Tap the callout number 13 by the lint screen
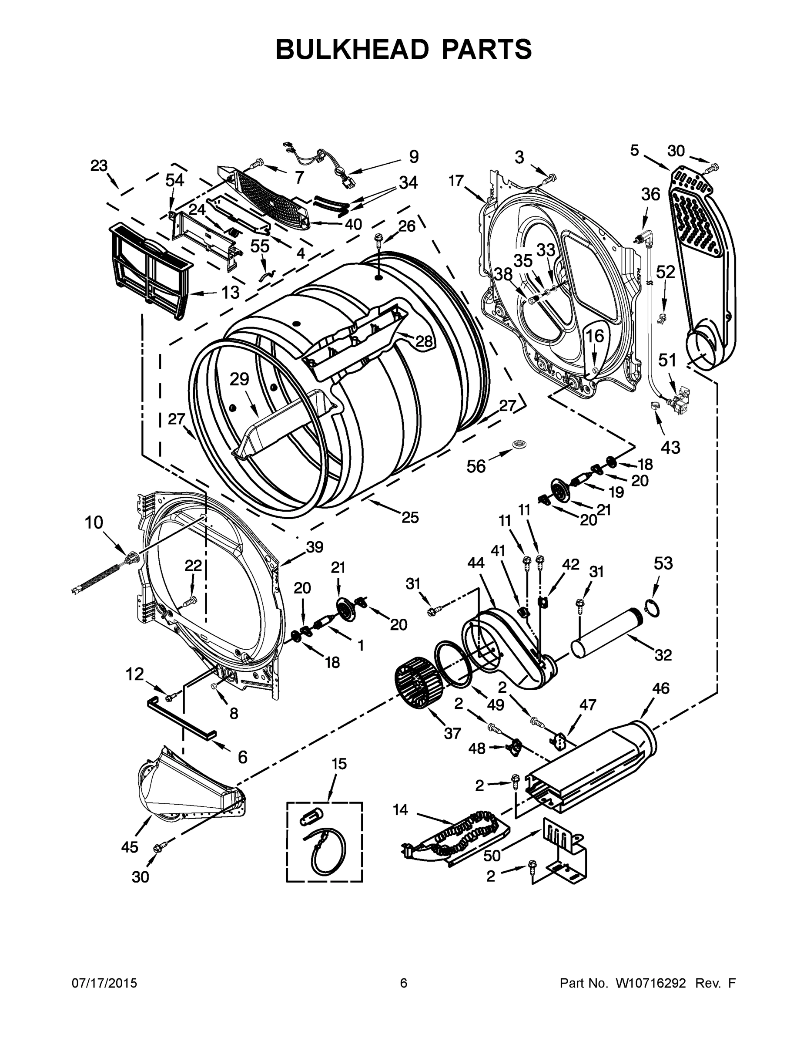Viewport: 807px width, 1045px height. click(231, 292)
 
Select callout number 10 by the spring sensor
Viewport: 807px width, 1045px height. click(94, 522)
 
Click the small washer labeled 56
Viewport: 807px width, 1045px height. click(518, 445)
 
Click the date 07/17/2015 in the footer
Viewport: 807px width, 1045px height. click(104, 983)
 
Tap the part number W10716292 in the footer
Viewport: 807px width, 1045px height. click(651, 983)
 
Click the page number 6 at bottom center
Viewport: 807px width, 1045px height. click(404, 983)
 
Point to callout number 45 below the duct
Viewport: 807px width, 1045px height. click(130, 847)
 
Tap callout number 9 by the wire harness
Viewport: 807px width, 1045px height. click(414, 156)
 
